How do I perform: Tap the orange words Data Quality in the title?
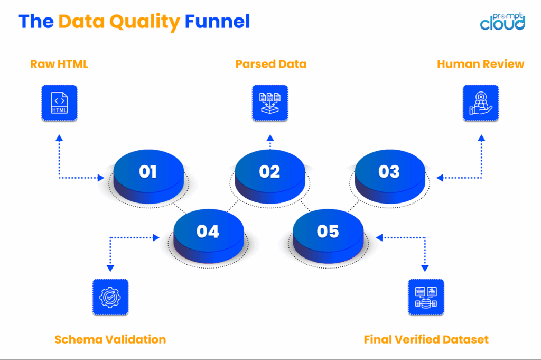pos(119,22)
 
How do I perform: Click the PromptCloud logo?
pos(502,21)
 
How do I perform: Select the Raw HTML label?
pos(59,64)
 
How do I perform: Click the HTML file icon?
pos(59,103)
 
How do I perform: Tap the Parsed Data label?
pos(270,64)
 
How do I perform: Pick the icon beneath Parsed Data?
pos(270,103)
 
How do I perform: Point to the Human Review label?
pos(480,64)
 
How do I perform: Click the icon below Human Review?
pos(480,103)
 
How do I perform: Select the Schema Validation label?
pos(110,339)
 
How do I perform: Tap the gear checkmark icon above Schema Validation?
pos(110,297)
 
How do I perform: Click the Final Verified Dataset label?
pos(426,339)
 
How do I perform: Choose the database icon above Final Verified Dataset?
pos(426,297)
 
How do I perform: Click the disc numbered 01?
pos(148,172)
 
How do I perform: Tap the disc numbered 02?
pos(269,172)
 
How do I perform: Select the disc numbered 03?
pos(389,172)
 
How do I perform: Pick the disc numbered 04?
pos(208,232)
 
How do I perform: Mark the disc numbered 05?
pos(328,232)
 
